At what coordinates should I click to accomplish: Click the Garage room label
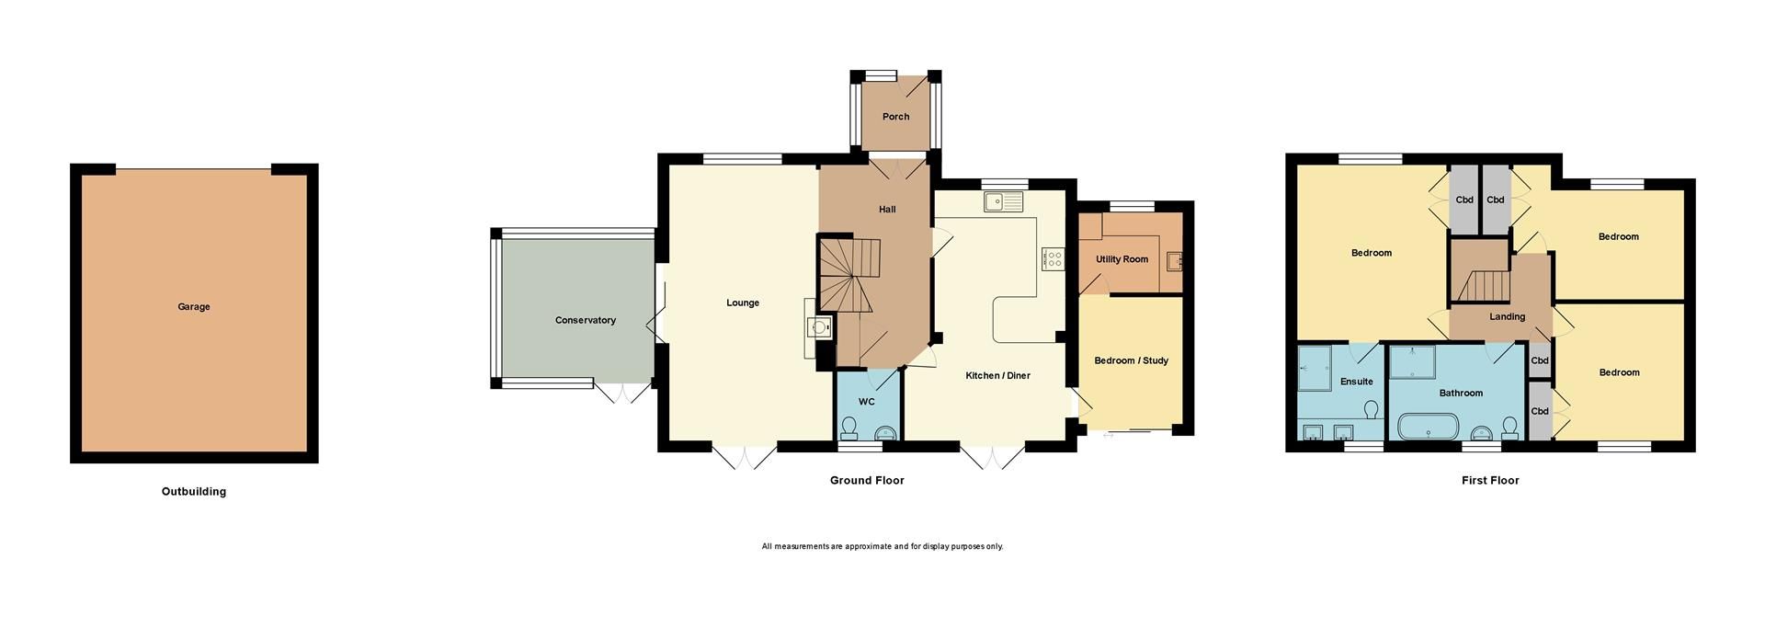[x=193, y=307]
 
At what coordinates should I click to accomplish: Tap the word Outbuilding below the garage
[x=193, y=492]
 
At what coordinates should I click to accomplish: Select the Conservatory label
[x=585, y=321]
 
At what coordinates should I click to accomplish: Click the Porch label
[x=895, y=117]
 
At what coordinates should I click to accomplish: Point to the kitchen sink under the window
[x=1001, y=201]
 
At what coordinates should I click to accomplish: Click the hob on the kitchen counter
[x=1053, y=259]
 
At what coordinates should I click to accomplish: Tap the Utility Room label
[x=1122, y=259]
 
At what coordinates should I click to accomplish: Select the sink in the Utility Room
[x=1173, y=263]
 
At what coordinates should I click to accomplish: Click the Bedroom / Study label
[x=1131, y=360]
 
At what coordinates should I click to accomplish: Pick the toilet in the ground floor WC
[x=849, y=428]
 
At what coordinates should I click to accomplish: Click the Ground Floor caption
[x=867, y=481]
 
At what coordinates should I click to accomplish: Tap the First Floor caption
[x=1490, y=481]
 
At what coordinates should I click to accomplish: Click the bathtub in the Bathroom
[x=1427, y=428]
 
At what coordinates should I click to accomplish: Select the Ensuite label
[x=1356, y=382]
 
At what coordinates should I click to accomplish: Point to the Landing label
[x=1507, y=317]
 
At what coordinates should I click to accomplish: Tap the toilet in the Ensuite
[x=1372, y=410]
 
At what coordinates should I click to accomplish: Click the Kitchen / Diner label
[x=997, y=376]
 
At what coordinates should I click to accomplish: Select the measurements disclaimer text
[x=882, y=547]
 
